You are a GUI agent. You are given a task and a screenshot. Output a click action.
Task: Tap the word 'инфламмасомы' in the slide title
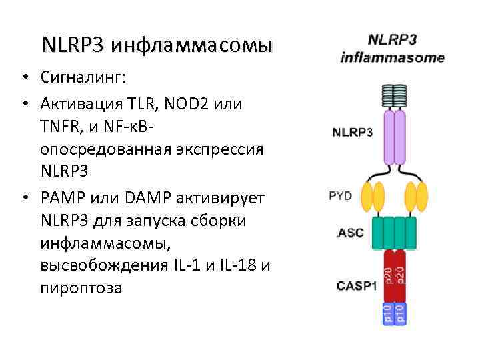(x=192, y=45)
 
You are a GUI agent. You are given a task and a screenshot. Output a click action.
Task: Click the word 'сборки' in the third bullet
(x=230, y=220)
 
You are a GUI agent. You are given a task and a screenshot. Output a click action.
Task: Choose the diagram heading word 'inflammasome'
(x=392, y=57)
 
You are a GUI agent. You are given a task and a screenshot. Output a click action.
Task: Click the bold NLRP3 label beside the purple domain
(x=353, y=132)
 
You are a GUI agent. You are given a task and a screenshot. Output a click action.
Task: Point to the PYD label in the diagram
(x=341, y=196)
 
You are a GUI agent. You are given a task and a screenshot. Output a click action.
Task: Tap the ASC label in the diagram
(x=351, y=233)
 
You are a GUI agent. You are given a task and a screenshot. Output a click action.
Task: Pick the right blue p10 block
(x=401, y=313)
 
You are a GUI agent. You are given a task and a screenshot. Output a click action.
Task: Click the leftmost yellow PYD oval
(x=367, y=197)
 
